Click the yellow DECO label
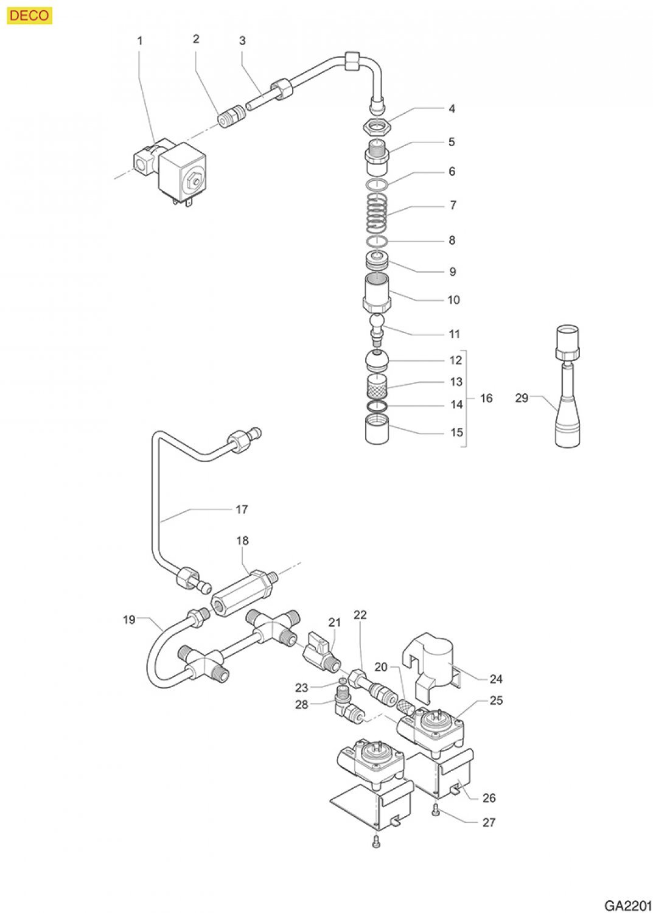click(x=29, y=15)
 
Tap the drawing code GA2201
click(x=627, y=905)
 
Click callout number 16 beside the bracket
click(x=486, y=398)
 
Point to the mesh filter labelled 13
click(x=377, y=385)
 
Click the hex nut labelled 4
click(x=376, y=127)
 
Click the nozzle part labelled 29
click(x=567, y=390)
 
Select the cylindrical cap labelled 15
click(x=377, y=429)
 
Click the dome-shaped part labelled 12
click(x=377, y=362)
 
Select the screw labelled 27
click(x=435, y=810)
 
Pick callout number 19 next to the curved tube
click(x=129, y=620)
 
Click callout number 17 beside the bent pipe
click(x=242, y=509)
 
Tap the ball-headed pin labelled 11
click(x=378, y=329)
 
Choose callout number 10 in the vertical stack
click(x=453, y=299)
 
